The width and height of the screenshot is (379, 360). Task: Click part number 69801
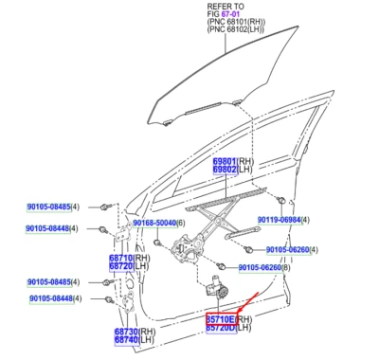point(224,162)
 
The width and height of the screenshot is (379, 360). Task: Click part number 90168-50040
point(153,223)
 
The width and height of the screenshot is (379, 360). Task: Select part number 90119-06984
point(279,220)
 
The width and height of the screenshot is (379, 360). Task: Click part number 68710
point(120,258)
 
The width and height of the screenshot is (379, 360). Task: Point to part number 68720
point(120,266)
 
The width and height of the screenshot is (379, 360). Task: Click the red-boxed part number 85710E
point(221,320)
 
